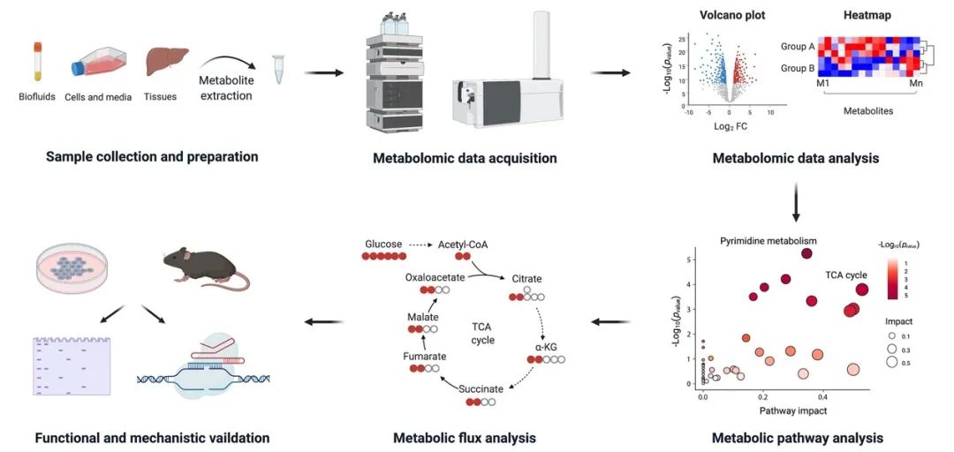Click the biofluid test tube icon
38,60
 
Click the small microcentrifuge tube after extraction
279,70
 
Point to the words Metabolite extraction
225,88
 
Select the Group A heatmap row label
799,46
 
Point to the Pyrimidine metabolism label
768,240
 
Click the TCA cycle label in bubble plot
846,275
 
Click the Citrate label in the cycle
526,279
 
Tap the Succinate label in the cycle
481,388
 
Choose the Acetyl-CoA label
463,243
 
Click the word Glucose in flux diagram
383,243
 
